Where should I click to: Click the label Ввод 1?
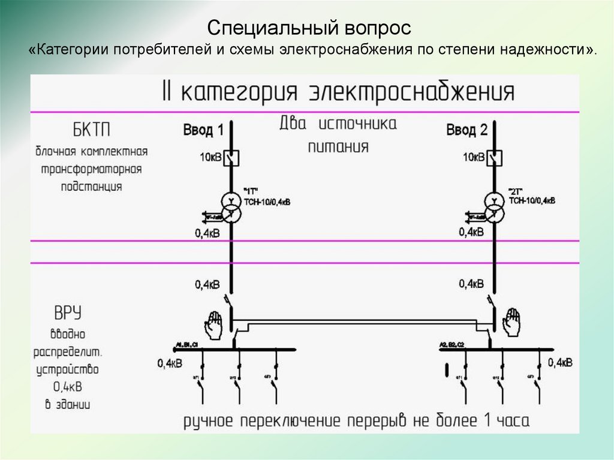point(203,130)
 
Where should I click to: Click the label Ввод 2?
point(467,130)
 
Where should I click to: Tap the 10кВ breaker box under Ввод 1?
point(232,158)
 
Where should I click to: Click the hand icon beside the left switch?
point(213,322)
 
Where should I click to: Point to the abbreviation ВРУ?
point(68,313)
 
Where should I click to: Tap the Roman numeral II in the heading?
point(167,92)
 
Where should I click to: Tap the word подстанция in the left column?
point(91,186)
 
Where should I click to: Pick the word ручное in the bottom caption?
point(210,419)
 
